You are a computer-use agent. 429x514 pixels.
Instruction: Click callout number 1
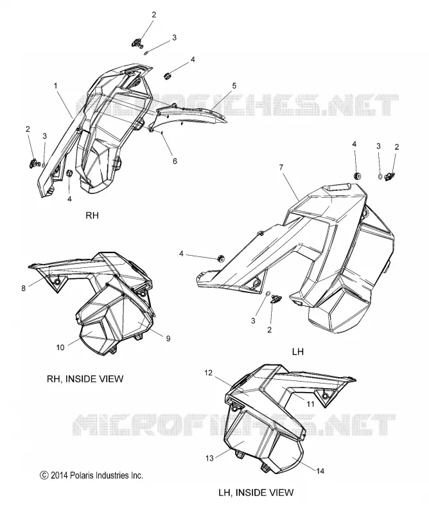coord(56,86)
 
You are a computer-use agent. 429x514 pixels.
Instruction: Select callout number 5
coord(234,85)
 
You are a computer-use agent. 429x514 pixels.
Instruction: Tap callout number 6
coord(175,161)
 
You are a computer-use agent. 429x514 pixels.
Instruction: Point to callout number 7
coord(281,168)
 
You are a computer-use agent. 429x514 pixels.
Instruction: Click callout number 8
coord(24,288)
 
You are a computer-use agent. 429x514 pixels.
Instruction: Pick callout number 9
coord(168,339)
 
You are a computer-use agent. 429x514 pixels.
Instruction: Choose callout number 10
coord(60,347)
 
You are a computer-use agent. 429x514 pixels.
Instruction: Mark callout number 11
coord(310,404)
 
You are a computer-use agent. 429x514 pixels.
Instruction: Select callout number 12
coord(209,373)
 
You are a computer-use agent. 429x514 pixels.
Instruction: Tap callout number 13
coord(209,458)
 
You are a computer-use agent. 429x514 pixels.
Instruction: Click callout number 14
coord(320,471)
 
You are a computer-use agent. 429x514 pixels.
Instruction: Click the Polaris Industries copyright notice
coord(91,475)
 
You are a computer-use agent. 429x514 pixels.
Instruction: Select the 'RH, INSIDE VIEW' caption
coord(85,379)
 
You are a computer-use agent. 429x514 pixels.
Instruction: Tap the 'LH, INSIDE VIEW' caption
coord(256,492)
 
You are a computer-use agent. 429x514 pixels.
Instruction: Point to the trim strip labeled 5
coord(188,114)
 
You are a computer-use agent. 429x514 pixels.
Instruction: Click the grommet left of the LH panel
coord(221,258)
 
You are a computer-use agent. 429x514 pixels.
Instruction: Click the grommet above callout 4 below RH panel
coord(69,173)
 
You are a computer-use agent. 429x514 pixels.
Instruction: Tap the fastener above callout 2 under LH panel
coord(276,299)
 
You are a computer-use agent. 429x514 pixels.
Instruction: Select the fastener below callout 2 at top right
coord(390,176)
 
